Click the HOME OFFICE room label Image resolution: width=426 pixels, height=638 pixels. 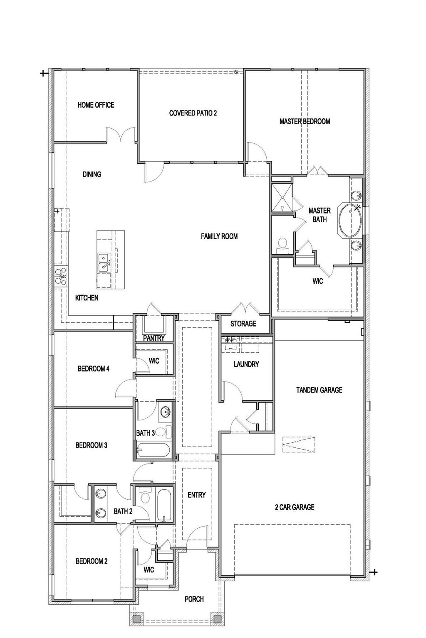click(96, 105)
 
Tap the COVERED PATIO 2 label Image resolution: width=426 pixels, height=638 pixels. click(193, 113)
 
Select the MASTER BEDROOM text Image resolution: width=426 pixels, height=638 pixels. click(305, 121)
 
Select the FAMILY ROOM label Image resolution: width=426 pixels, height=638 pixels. click(219, 236)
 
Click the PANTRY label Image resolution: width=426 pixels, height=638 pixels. click(154, 338)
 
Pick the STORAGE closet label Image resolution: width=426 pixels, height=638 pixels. click(243, 324)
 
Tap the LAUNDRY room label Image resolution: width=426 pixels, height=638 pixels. click(246, 364)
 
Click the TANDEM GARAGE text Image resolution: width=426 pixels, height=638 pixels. click(319, 390)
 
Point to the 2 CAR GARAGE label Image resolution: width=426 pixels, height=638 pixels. click(294, 507)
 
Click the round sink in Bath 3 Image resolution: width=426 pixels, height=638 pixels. click(166, 412)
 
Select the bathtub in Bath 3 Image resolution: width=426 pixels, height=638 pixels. click(153, 451)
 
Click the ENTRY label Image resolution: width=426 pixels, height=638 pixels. click(196, 495)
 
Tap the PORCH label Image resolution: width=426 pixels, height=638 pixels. click(194, 599)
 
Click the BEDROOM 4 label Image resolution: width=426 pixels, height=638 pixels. click(94, 368)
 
